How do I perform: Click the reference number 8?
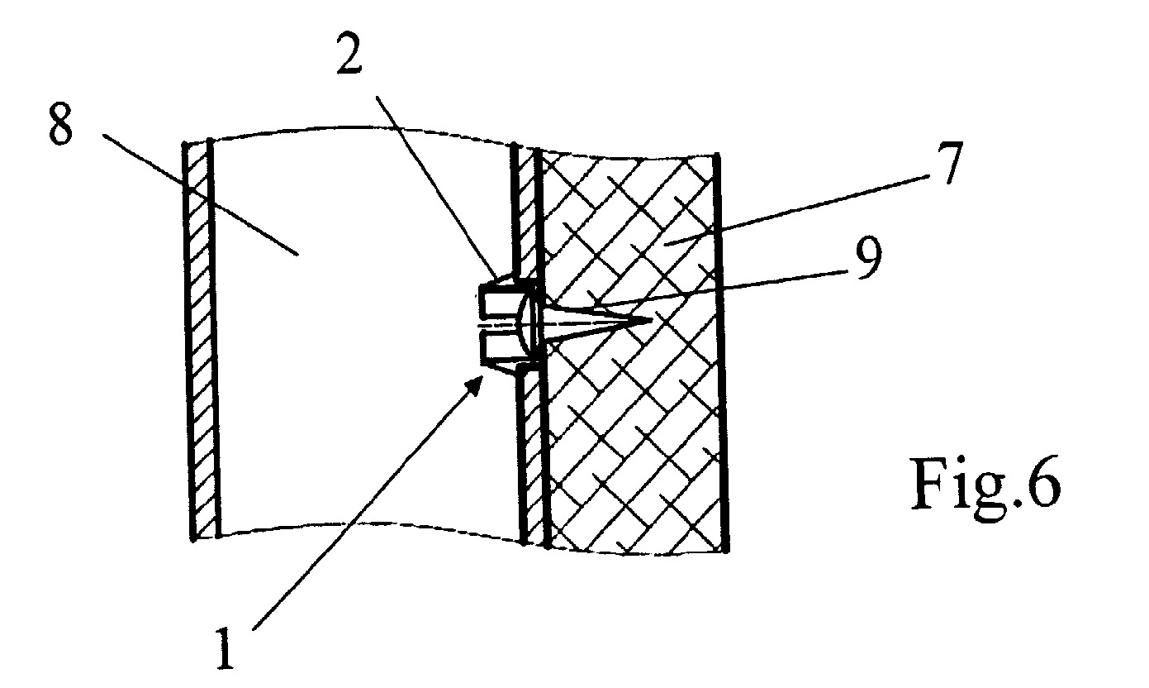point(60,122)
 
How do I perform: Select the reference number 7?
point(948,162)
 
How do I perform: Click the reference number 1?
point(225,648)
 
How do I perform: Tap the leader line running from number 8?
point(200,194)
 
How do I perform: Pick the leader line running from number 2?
point(436,186)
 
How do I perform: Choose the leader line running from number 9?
point(720,289)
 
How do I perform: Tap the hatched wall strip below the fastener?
point(533,454)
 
